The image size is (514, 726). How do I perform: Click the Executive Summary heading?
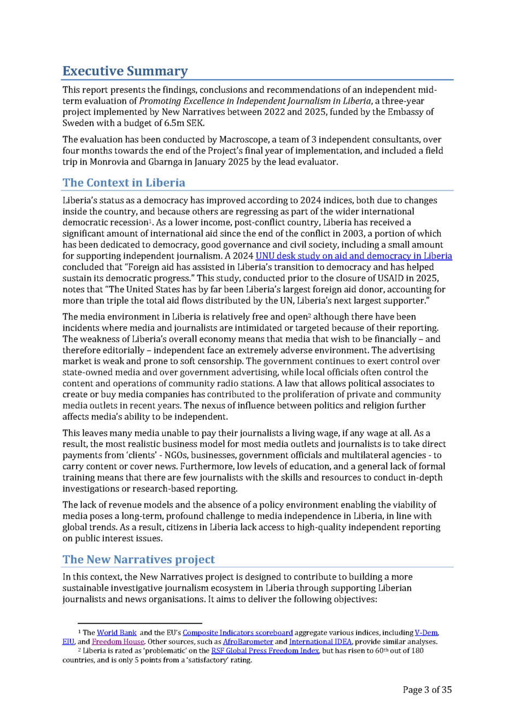click(125, 71)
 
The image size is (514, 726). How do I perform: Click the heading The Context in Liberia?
click(124, 182)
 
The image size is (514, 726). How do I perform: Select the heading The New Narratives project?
click(138, 559)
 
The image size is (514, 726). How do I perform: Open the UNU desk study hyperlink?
click(353, 256)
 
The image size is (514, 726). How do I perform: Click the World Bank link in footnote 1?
click(116, 633)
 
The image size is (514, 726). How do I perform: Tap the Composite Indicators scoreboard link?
click(237, 633)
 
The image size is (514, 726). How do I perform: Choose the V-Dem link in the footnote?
click(427, 633)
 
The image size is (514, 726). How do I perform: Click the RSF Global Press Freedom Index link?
click(265, 651)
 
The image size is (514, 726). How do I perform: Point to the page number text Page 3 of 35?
click(427, 689)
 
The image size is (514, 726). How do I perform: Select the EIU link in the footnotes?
click(68, 642)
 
